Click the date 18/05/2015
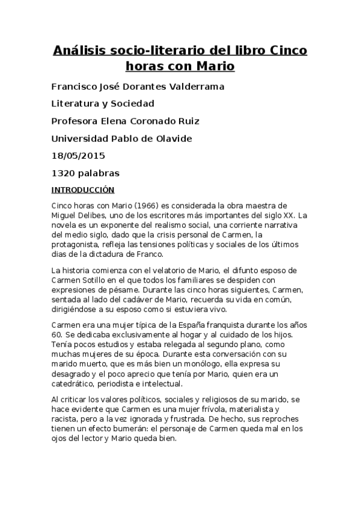78,156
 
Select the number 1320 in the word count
64,173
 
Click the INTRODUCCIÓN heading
83,190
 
